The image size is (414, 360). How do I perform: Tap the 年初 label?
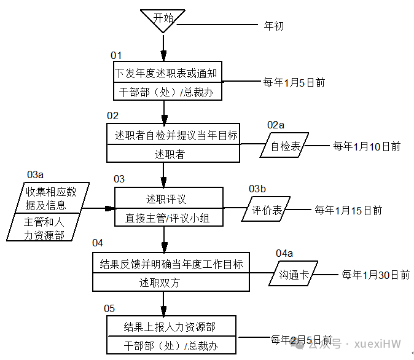click(274, 26)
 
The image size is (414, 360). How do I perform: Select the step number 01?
click(116, 55)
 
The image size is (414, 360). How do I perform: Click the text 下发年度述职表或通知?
click(166, 73)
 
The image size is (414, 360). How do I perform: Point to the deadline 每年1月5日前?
click(294, 83)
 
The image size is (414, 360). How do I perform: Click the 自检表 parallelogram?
click(284, 145)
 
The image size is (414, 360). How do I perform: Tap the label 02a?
click(276, 125)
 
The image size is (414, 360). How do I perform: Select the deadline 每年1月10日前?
click(367, 146)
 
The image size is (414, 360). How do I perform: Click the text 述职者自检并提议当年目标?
click(176, 135)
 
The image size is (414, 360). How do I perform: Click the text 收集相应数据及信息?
click(51, 198)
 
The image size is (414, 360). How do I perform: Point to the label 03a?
click(36, 174)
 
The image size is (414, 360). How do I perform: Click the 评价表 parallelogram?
click(266, 209)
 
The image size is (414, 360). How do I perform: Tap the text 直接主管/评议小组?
click(167, 218)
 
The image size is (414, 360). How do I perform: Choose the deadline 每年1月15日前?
click(348, 210)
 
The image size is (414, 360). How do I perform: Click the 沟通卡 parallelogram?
click(293, 273)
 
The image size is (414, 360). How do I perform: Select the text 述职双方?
click(160, 283)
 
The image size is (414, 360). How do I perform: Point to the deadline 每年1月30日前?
click(375, 275)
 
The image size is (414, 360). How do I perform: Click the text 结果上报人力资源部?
click(170, 327)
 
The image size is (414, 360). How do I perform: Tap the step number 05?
click(109, 308)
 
